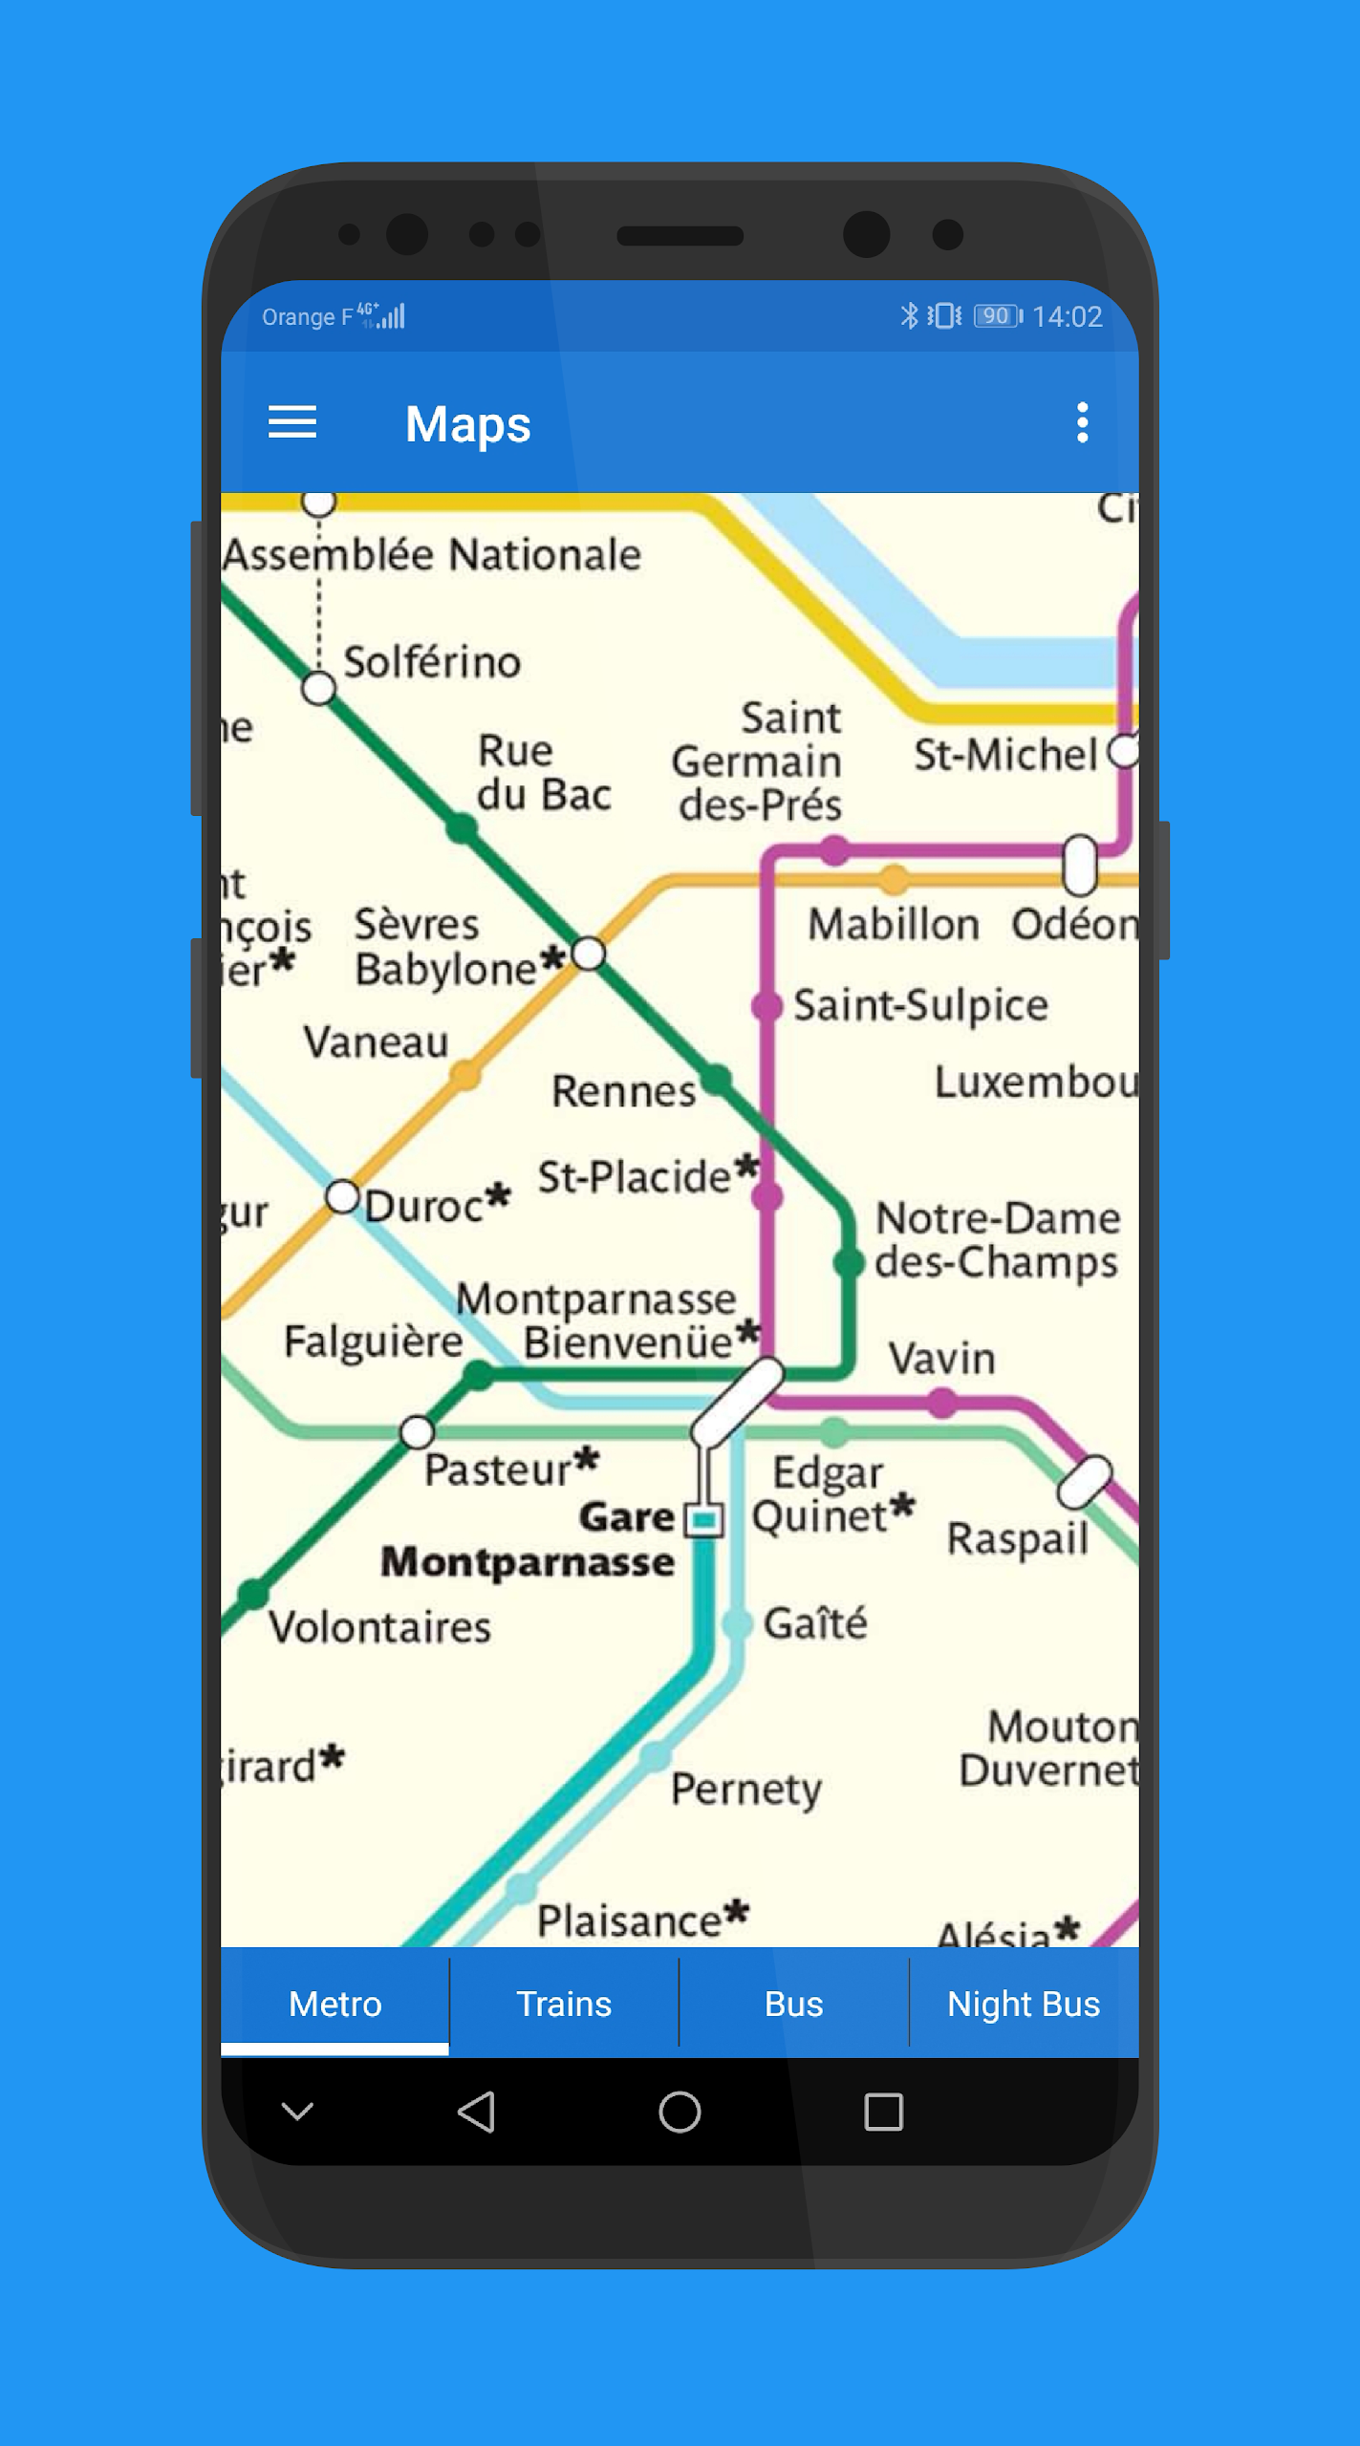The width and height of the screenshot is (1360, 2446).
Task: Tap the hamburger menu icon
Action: pos(291,422)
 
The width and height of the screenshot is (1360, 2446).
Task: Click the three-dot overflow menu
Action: pos(1082,422)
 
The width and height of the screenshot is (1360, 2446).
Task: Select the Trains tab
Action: pos(564,2004)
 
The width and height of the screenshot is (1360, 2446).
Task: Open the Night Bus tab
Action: pos(1023,2004)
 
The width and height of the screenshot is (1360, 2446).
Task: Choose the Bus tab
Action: pos(793,2004)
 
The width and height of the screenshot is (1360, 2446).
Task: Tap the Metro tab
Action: pos(335,2004)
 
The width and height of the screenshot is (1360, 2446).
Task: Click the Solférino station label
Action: pos(432,662)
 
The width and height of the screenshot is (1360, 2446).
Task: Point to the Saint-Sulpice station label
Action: pos(920,1005)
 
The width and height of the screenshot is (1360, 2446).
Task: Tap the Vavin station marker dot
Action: pos(942,1403)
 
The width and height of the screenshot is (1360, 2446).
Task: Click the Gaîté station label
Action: pos(815,1623)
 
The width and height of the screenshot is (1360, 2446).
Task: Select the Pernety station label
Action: pos(746,1788)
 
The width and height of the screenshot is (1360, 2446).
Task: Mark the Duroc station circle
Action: pos(342,1196)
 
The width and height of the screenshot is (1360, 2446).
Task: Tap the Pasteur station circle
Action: pos(417,1431)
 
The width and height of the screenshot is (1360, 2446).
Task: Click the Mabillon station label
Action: pos(894,925)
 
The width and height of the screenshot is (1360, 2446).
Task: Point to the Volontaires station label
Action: pos(379,1627)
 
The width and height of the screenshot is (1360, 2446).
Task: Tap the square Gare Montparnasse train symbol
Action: pos(705,1519)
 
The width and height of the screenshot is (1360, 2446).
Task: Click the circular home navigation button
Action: pos(680,2112)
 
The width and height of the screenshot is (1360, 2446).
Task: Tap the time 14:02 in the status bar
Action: pos(1068,316)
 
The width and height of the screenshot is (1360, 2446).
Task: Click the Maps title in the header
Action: pos(467,423)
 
